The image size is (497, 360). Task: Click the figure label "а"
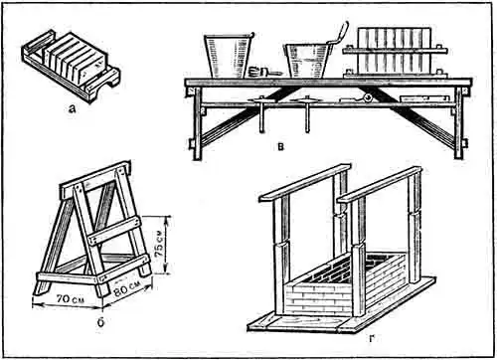tap(72, 108)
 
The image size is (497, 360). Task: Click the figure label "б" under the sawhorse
tap(101, 321)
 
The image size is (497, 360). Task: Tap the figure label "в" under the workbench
tap(280, 146)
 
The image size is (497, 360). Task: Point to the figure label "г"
tap(371, 338)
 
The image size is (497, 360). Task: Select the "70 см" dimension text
tap(70, 299)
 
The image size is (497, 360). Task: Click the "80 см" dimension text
tap(127, 288)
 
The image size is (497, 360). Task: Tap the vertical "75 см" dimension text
tap(159, 245)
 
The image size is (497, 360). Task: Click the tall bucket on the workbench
tap(228, 55)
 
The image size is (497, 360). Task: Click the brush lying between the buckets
tap(265, 72)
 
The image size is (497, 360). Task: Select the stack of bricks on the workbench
tap(395, 52)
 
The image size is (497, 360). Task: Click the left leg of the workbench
tap(198, 123)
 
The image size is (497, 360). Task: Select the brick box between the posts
tap(345, 285)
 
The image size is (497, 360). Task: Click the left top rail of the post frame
tap(304, 182)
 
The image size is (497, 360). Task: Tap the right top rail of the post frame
tap(380, 185)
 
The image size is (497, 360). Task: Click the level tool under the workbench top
tap(424, 98)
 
